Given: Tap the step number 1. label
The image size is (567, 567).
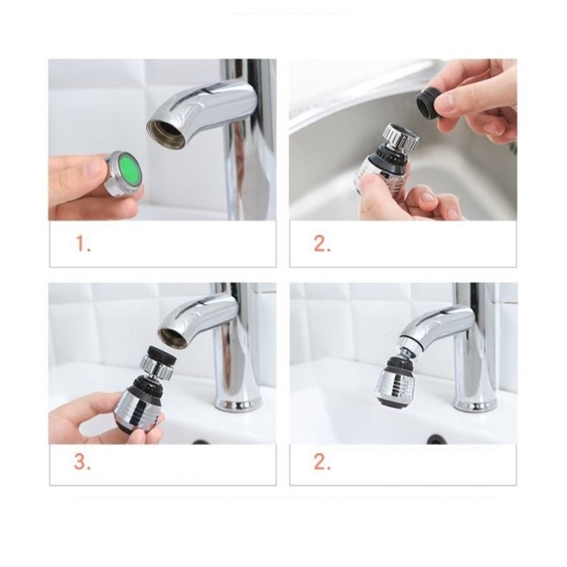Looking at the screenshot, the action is click(x=82, y=244).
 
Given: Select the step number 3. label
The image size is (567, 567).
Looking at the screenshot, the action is click(x=82, y=462).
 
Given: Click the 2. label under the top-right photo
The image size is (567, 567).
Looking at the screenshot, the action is click(x=322, y=244).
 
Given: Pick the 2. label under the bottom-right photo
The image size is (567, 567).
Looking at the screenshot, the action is click(x=322, y=462).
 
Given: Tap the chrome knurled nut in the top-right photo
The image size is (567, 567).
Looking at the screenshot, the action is click(x=401, y=136).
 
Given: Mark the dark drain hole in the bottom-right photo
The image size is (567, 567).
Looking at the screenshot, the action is click(x=436, y=439).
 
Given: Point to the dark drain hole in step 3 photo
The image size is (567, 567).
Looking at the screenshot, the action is click(x=200, y=442).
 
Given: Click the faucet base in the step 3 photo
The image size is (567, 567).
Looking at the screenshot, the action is click(x=237, y=400).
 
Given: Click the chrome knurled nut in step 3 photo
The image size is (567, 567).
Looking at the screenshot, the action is click(x=156, y=367).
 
